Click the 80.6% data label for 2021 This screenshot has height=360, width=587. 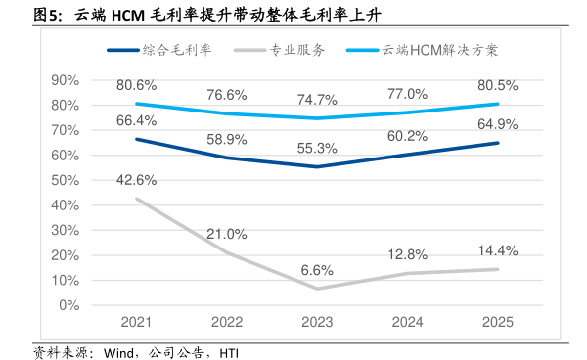pos(137,85)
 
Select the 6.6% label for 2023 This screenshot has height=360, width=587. pos(318,270)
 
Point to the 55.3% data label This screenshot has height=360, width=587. pos(318,148)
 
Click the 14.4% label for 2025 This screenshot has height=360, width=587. pos(498,250)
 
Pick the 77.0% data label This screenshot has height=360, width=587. pos(408,94)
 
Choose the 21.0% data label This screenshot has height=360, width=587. pos(227,234)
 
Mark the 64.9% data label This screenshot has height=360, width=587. pos(498,123)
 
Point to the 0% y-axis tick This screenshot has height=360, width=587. pos(68,305)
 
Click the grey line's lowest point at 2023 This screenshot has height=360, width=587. pos(317,288)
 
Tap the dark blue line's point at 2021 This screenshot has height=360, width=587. pos(137,139)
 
